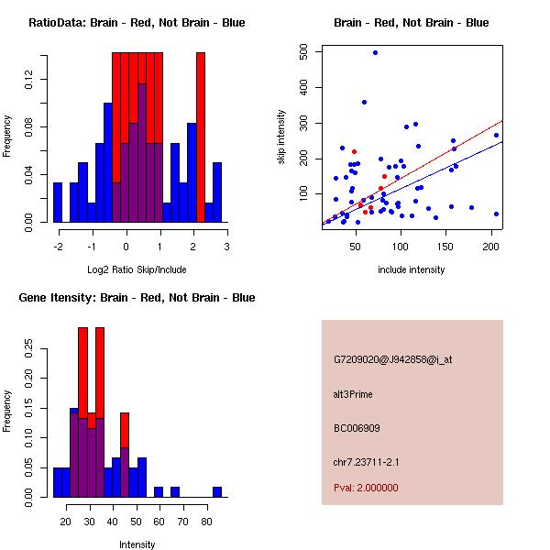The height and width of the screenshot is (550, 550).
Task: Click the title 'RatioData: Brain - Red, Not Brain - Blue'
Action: (x=137, y=23)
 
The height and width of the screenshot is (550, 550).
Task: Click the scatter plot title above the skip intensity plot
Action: (x=411, y=23)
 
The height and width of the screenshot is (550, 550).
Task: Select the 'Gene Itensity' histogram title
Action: (x=137, y=298)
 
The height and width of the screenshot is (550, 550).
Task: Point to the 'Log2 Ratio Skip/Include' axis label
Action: (x=137, y=269)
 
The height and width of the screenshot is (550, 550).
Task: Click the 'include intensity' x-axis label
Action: (x=411, y=269)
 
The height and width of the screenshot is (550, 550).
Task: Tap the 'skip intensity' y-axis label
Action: (x=281, y=137)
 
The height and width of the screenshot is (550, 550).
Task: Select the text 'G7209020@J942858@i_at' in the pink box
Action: (x=393, y=359)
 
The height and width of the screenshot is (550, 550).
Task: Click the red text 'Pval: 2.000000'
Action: (x=366, y=488)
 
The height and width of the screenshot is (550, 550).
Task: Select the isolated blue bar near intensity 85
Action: (x=217, y=491)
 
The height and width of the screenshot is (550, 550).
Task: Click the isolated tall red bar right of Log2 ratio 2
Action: (x=201, y=137)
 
